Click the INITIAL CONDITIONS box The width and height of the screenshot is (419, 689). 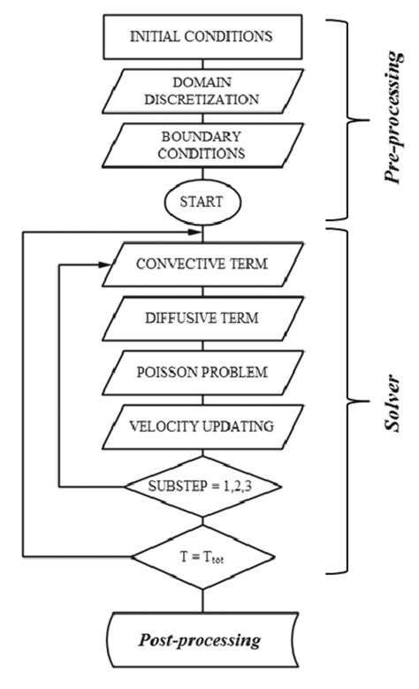(201, 36)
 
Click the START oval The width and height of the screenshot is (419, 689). (202, 200)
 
